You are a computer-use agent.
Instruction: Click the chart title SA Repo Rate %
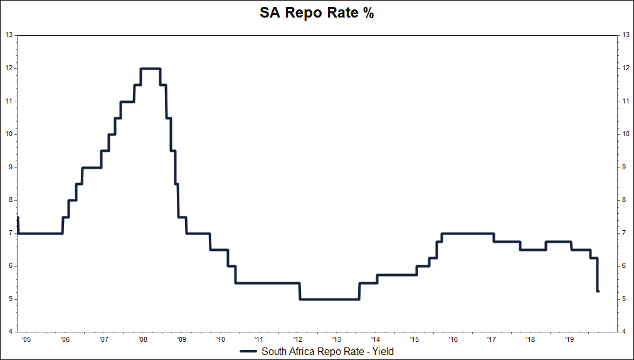(x=317, y=13)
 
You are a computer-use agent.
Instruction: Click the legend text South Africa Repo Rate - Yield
(x=327, y=351)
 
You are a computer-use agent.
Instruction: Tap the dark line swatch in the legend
(x=249, y=351)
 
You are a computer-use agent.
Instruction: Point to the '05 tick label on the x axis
(x=25, y=339)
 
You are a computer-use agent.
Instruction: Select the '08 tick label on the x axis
(x=142, y=339)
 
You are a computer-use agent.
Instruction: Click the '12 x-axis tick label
(x=297, y=339)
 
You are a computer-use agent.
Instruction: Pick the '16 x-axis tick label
(x=452, y=339)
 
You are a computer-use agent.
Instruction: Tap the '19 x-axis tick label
(x=568, y=339)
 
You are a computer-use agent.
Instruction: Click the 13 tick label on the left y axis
(x=9, y=35)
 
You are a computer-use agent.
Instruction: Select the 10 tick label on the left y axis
(x=9, y=134)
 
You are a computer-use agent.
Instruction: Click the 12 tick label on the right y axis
(x=625, y=68)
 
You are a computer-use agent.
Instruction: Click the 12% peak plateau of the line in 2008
(x=150, y=68)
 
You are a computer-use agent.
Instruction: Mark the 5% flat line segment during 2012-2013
(x=329, y=299)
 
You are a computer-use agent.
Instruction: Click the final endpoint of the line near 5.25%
(x=598, y=291)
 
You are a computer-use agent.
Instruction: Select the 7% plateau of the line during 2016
(x=467, y=233)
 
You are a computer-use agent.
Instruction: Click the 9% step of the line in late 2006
(x=92, y=167)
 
